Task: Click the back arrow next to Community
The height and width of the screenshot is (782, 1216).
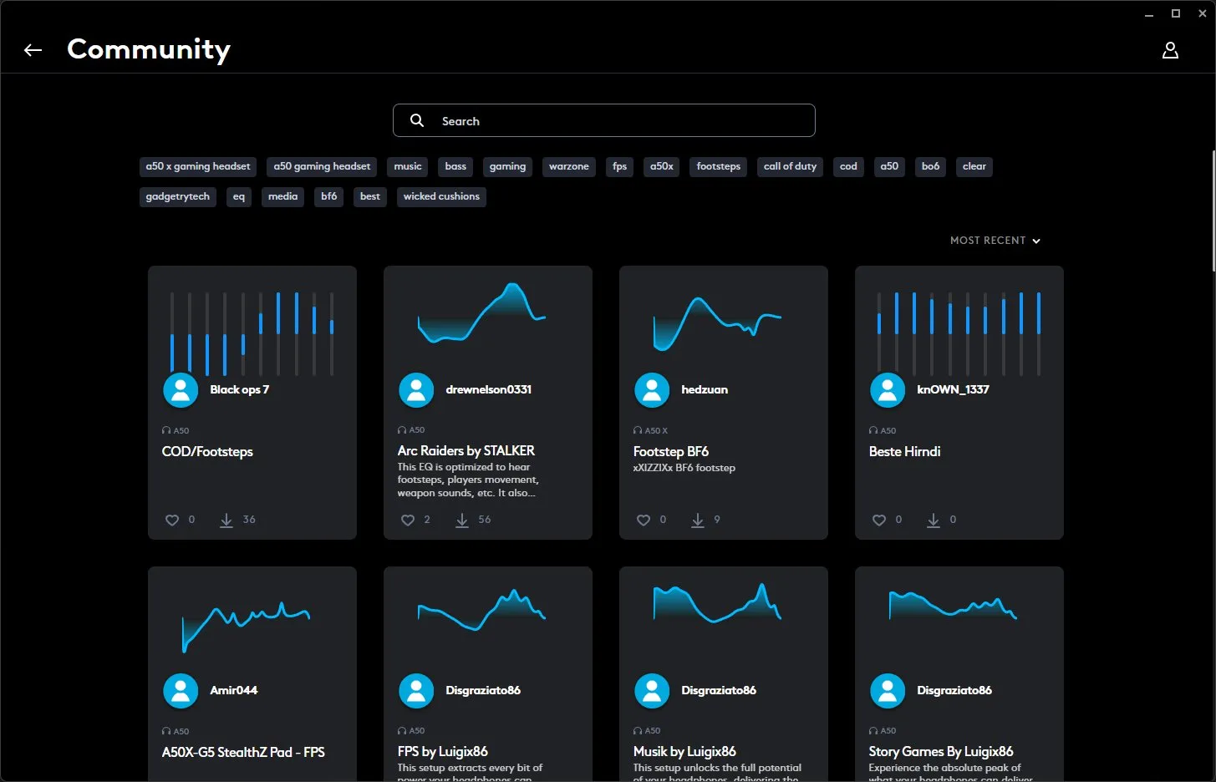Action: coord(33,50)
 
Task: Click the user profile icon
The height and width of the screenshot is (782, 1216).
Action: coord(1170,50)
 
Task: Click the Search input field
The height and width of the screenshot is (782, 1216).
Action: coord(603,121)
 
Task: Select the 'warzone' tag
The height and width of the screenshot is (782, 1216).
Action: coord(568,166)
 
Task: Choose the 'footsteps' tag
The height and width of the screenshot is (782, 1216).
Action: coord(718,166)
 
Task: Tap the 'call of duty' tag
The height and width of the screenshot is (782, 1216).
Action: coord(790,166)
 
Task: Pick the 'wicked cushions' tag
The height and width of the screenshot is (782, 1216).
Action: coord(441,196)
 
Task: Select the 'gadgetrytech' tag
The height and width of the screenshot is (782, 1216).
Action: coord(177,196)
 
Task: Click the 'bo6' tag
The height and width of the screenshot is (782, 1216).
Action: coord(930,166)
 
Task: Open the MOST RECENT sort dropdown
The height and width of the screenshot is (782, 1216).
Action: coord(995,241)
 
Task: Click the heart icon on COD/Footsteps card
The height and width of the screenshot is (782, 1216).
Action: coord(172,520)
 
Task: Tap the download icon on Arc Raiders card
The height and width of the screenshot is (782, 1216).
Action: coord(462,520)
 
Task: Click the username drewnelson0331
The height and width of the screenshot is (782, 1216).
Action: coord(488,389)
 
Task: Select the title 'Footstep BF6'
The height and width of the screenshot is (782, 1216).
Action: coord(670,451)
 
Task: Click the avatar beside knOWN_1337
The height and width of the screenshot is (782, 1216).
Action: coord(888,389)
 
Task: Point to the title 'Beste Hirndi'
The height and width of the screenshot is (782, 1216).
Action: coord(904,451)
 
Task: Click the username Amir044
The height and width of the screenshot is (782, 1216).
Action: coord(233,690)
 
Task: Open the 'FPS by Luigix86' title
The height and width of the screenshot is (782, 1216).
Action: coord(442,751)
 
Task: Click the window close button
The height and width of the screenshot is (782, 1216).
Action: coord(1201,13)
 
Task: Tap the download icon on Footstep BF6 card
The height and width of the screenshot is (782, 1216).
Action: coord(698,520)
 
